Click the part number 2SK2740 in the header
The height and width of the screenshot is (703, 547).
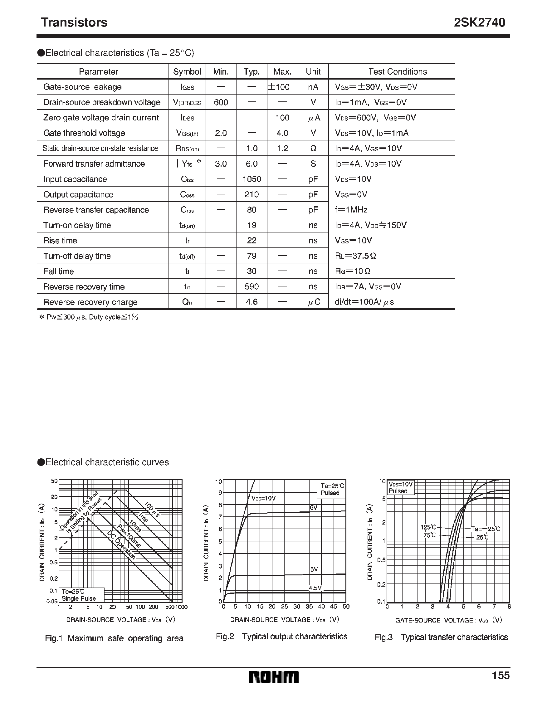pos(479,22)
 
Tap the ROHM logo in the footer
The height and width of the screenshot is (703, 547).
pos(274,677)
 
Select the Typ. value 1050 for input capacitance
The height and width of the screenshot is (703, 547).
pos(252,179)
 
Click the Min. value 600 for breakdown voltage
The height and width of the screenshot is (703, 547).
pos(221,102)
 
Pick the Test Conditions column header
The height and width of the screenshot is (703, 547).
pos(397,71)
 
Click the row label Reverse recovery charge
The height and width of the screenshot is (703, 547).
pos(90,302)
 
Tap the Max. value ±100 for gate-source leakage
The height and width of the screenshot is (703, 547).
pos(279,87)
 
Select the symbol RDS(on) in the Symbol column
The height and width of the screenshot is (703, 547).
pos(187,149)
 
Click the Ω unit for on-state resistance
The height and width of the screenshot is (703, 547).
pos(313,149)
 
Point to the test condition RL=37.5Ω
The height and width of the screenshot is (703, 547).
pos(355,256)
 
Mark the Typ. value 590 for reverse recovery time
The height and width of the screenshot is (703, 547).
pos(252,286)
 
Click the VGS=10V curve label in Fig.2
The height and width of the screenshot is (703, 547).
pos(263,498)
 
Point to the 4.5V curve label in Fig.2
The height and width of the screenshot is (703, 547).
pos(315,588)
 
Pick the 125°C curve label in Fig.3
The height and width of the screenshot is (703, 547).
pos(428,527)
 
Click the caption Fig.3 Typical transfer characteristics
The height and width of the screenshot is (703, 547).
pos(441,637)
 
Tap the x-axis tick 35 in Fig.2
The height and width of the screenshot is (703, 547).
pos(309,607)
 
